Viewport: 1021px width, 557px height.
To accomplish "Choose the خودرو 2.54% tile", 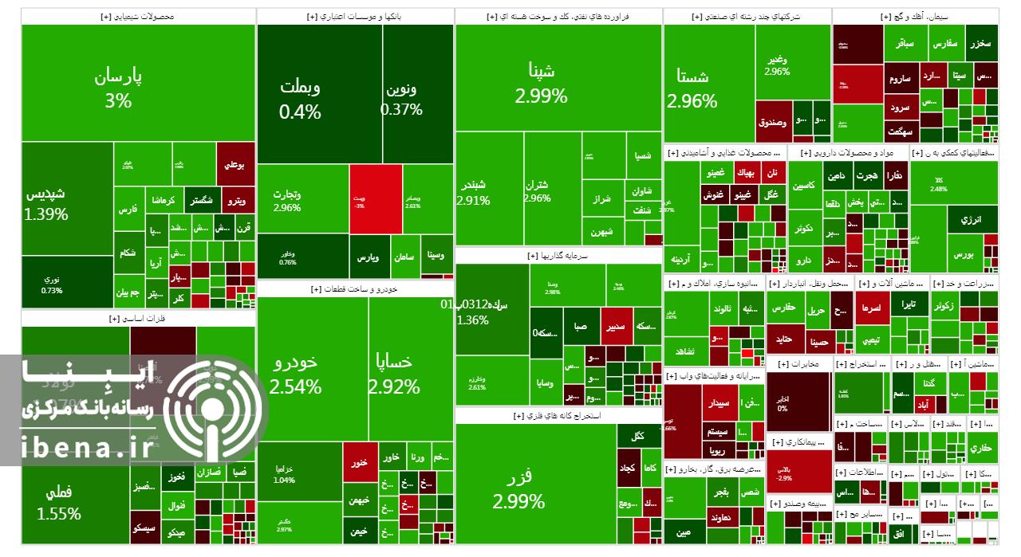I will pyautogui.click(x=295, y=375).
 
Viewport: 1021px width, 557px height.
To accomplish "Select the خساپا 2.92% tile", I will pyautogui.click(x=394, y=375).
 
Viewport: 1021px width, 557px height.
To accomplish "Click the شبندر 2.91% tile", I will pyautogui.click(x=473, y=191).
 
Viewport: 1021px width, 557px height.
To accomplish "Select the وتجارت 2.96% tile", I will pyautogui.click(x=286, y=199).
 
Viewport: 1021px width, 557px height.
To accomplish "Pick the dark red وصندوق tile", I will pyautogui.click(x=772, y=123).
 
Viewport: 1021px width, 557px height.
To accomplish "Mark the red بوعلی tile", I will pyautogui.click(x=235, y=165).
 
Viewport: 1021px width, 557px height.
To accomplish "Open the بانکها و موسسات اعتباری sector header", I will pyautogui.click(x=355, y=16).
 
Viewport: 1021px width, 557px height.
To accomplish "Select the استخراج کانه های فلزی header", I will pyautogui.click(x=558, y=415).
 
